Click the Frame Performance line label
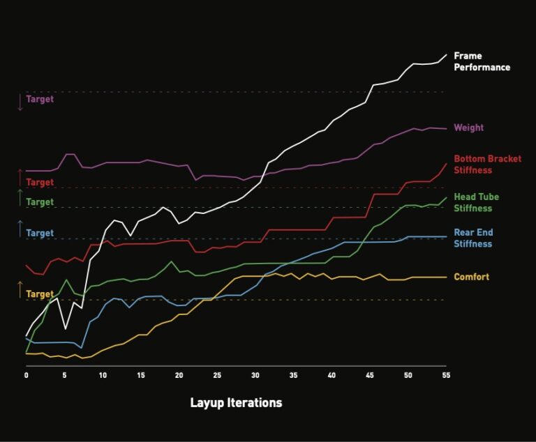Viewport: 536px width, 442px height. tap(482, 61)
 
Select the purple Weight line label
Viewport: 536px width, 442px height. tap(468, 128)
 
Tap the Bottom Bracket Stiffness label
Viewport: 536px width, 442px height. tap(487, 165)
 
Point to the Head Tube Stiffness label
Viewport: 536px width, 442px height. tap(477, 203)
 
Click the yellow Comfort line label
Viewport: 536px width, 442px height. tap(471, 277)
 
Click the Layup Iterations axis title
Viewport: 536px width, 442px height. tap(236, 403)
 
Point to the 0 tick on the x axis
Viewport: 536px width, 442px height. tap(26, 375)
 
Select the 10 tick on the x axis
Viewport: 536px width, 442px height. tap(103, 375)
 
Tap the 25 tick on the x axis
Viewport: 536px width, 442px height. tap(217, 375)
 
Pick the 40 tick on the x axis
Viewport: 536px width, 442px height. tap(332, 375)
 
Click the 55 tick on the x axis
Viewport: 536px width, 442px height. tap(446, 375)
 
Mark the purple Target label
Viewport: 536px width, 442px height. tap(40, 99)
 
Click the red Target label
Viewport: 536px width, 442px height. tap(40, 183)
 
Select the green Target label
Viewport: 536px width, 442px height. tap(40, 202)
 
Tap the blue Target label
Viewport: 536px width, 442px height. tap(40, 233)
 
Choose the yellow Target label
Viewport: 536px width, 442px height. tap(40, 294)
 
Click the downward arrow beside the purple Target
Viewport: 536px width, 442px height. tap(20, 102)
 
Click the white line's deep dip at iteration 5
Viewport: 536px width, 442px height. tap(65, 328)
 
